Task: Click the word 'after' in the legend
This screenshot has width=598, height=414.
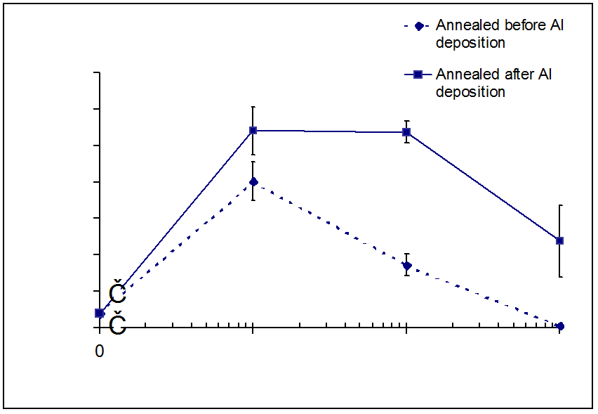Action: click(517, 75)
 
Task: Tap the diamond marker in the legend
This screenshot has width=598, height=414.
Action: click(418, 27)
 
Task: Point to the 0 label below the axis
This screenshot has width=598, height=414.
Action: click(100, 350)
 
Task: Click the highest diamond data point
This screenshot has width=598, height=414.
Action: click(253, 181)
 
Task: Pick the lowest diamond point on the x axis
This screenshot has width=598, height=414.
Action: click(559, 326)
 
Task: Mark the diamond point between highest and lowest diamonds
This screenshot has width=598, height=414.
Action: click(406, 265)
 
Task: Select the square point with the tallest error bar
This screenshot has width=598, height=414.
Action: click(559, 240)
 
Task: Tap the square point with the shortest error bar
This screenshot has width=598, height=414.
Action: click(406, 132)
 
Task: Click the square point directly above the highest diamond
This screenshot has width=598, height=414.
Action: click(253, 130)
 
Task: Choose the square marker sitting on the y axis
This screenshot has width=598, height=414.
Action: click(100, 313)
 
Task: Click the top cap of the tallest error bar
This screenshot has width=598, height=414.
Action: click(559, 205)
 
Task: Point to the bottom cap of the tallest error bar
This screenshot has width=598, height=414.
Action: click(559, 277)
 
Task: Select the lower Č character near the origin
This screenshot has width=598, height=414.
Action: click(118, 324)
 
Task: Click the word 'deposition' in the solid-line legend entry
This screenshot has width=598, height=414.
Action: click(470, 91)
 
